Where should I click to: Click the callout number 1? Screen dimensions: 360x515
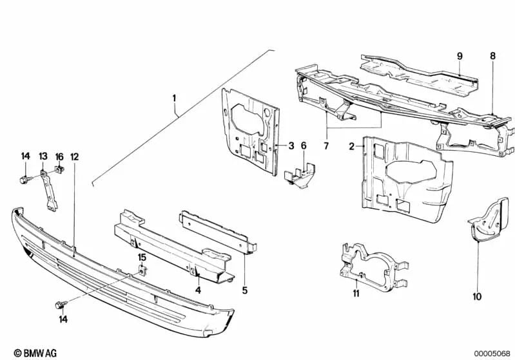point(173,99)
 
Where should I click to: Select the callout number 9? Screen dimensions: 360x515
point(460,57)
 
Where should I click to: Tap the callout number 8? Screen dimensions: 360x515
point(492,56)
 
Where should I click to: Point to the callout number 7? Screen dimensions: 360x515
point(326,146)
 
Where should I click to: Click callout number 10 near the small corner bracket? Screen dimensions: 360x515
point(476,297)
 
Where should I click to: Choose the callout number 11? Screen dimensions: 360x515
point(355,294)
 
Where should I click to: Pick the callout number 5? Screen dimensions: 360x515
point(245,290)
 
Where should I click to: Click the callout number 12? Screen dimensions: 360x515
point(75,156)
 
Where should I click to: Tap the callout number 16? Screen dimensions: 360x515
point(59,156)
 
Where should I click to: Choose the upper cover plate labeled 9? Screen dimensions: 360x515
point(419,71)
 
